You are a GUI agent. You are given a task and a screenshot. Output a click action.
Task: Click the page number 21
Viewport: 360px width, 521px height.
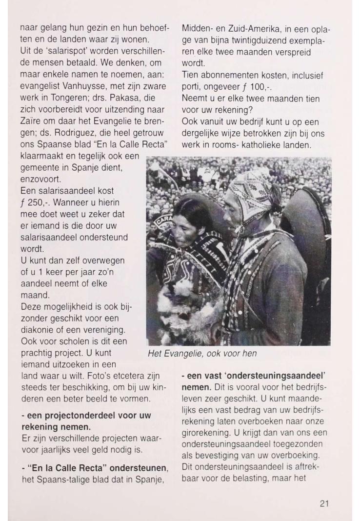[x=324, y=503]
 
